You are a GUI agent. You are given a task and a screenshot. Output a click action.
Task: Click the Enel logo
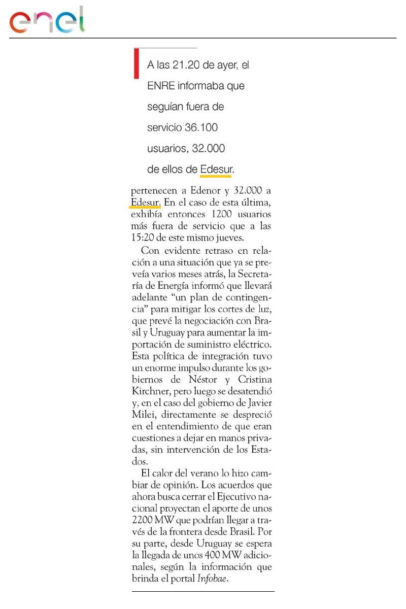tap(47, 21)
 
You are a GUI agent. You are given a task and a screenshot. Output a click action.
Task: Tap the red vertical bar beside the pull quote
tap(136, 63)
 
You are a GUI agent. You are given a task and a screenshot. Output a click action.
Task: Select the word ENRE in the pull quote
tap(161, 86)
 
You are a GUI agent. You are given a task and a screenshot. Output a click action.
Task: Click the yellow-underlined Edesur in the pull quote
tap(216, 170)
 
